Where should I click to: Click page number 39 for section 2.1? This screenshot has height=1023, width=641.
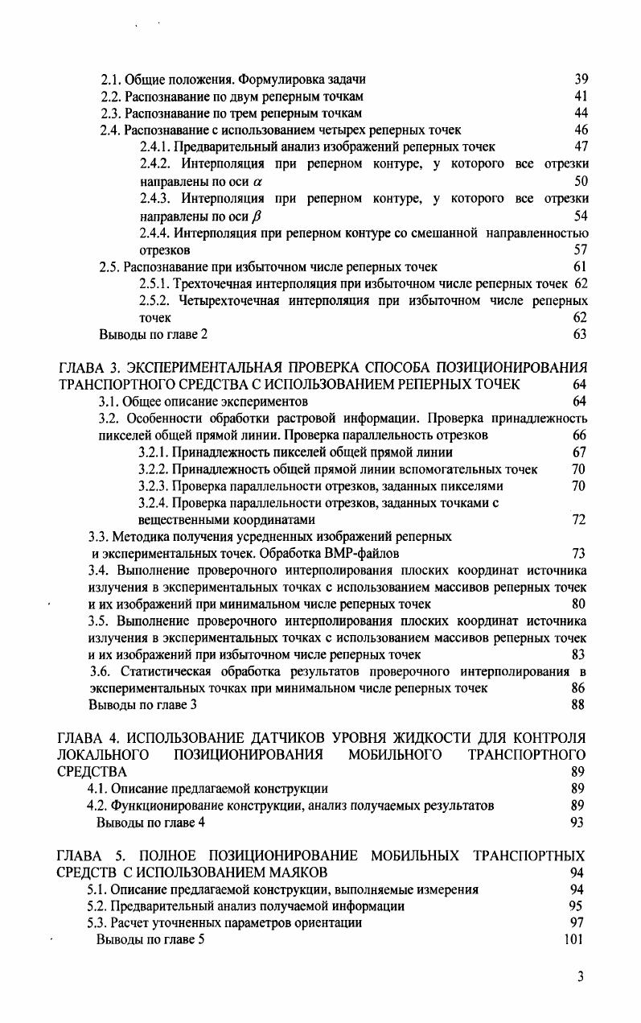coord(581,79)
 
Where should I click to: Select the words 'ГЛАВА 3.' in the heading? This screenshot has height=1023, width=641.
coord(88,368)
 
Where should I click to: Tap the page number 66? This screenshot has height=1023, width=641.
coord(579,435)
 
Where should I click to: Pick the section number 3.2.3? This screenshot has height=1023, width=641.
coord(154,486)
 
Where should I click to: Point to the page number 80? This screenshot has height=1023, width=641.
coord(579,604)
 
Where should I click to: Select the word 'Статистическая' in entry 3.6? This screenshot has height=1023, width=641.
coord(162,671)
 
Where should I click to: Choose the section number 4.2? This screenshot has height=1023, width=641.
coord(97,805)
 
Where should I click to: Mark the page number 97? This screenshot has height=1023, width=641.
coord(577,922)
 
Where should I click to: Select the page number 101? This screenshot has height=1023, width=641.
coord(574,939)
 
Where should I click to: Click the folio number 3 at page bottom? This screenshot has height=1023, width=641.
coord(581,977)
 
